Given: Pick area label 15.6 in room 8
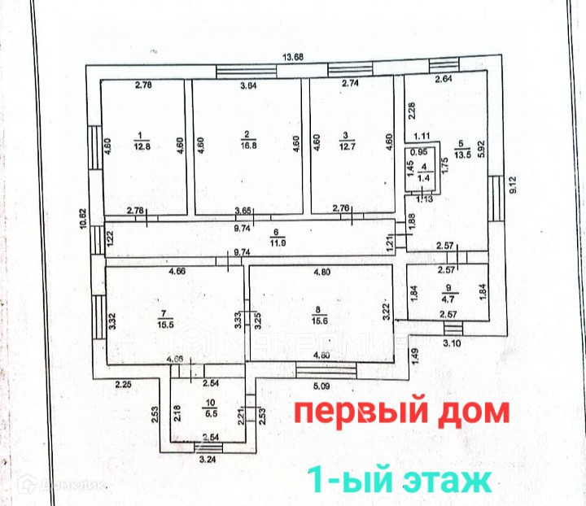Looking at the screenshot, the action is click(x=321, y=324).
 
